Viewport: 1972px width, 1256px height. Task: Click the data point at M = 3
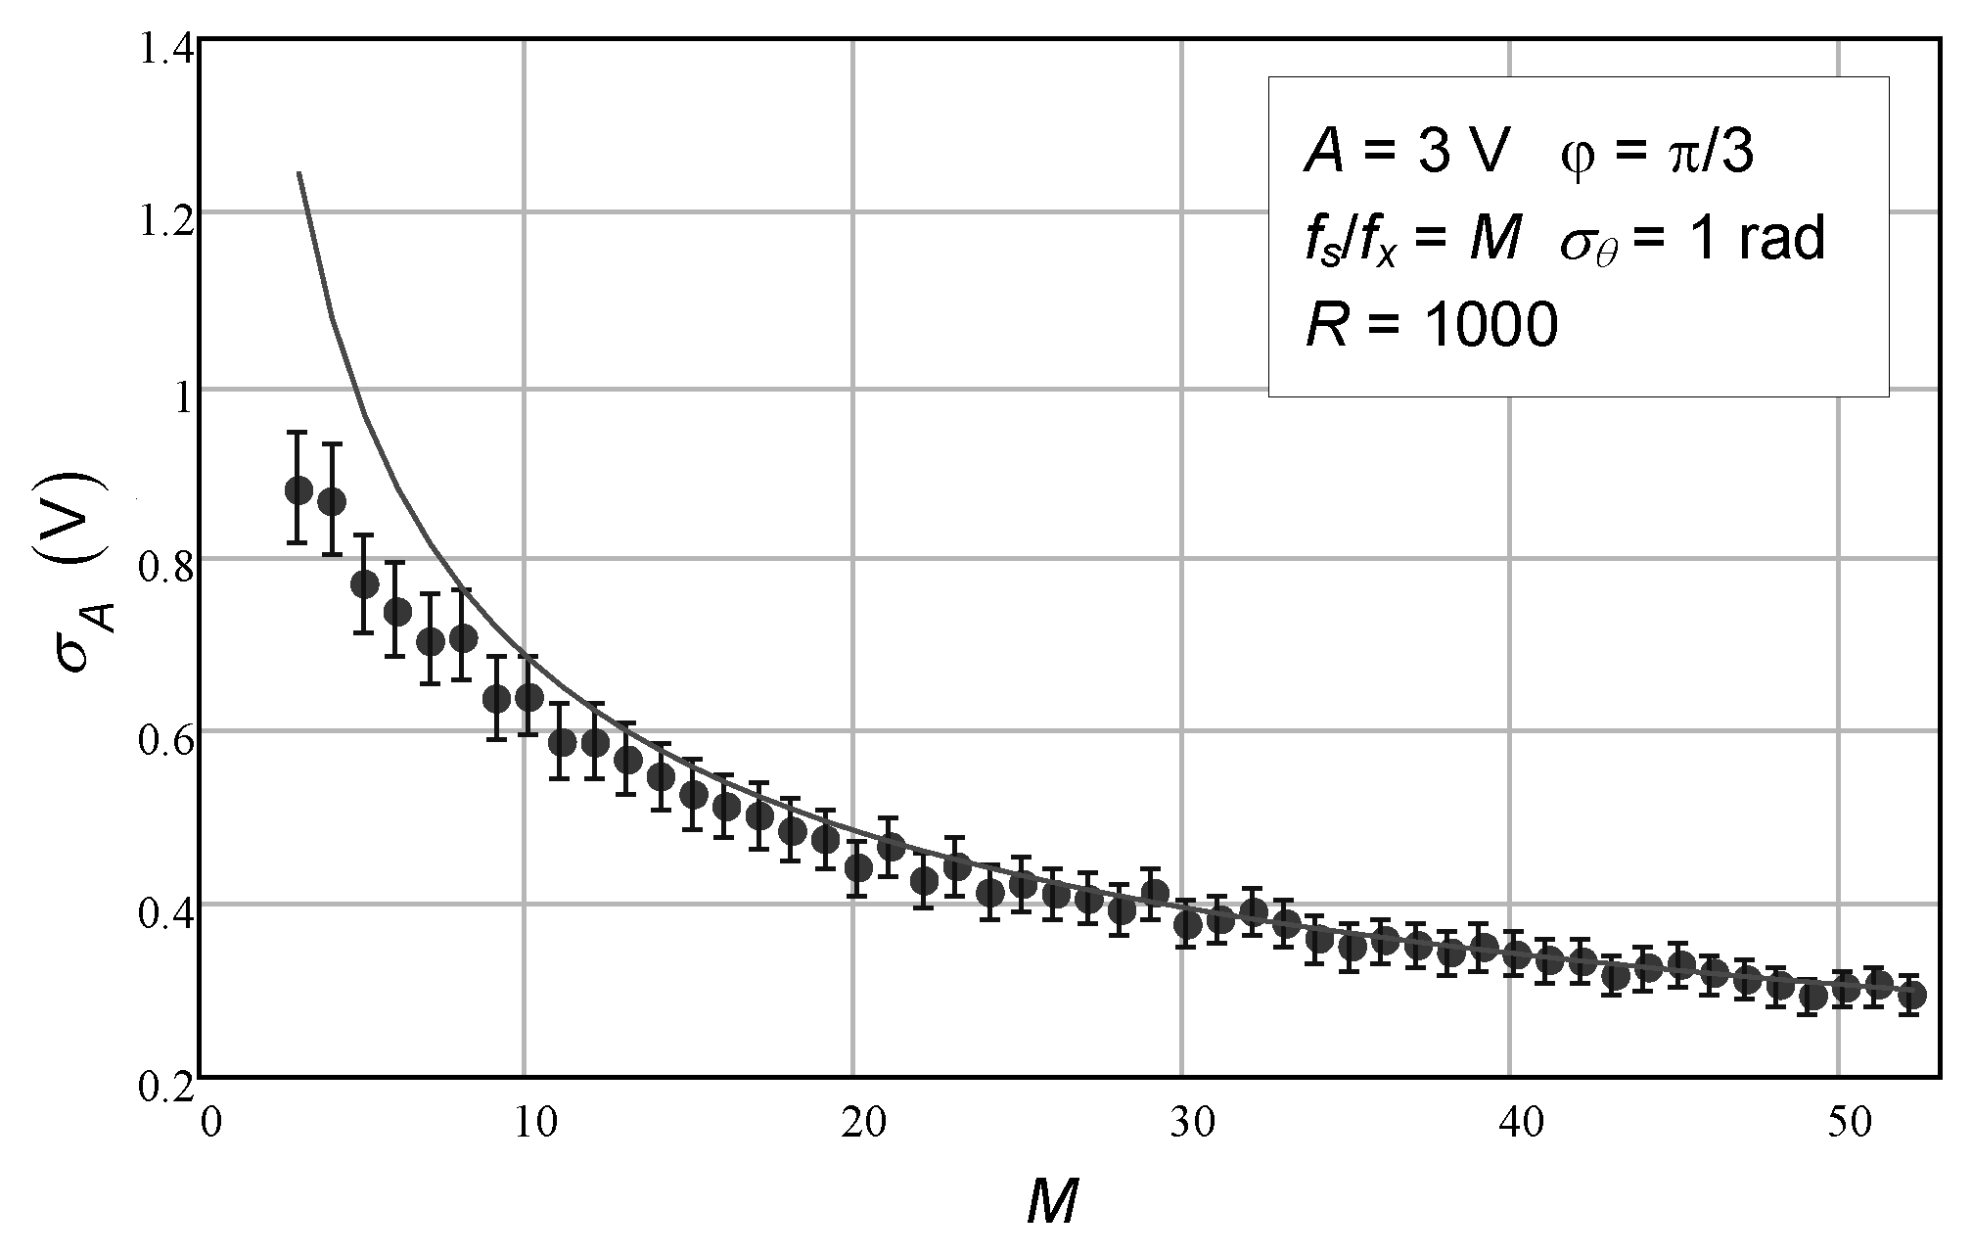298,489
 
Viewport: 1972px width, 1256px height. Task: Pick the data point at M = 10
528,697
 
